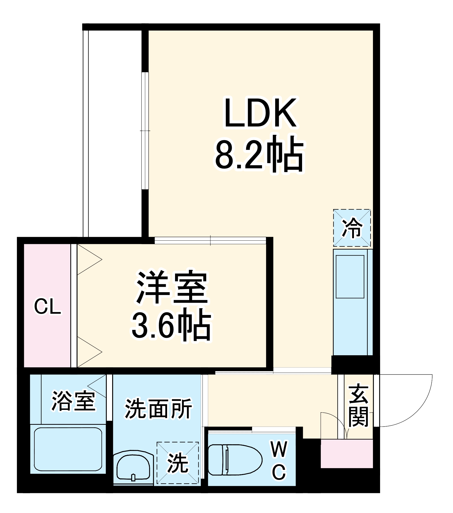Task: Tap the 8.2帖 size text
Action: [x=259, y=154]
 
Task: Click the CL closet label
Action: [x=47, y=307]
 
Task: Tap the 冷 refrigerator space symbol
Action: [x=352, y=228]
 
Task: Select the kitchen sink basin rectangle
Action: [x=350, y=277]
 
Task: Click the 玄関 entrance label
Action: [x=359, y=405]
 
